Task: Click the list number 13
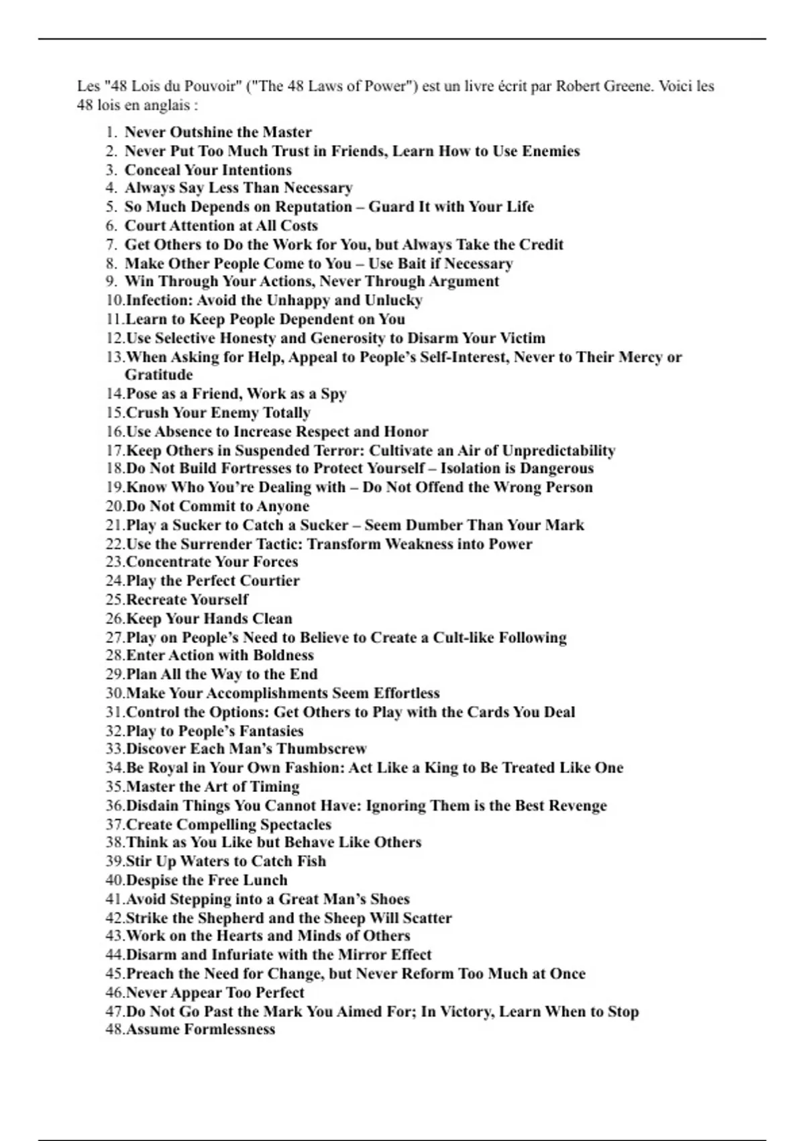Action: pos(115,357)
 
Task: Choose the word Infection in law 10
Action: pos(158,300)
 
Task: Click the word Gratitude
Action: pos(158,375)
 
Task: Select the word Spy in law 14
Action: pos(334,393)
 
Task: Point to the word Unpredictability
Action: pos(559,450)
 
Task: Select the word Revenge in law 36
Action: pos(578,805)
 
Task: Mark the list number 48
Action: pos(115,1030)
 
